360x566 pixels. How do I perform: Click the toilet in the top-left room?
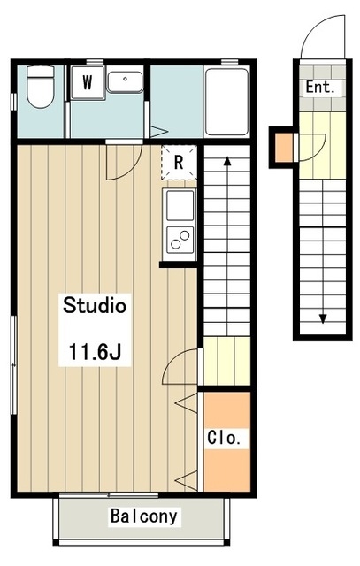point(41,87)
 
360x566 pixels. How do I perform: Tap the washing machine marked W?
point(88,82)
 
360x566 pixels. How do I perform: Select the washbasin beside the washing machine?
point(125,82)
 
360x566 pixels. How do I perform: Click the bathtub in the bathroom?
point(226,102)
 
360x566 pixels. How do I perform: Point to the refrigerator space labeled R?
point(179,163)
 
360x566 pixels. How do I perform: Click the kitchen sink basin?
point(180,205)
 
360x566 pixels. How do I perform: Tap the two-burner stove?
point(180,239)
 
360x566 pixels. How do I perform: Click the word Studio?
point(95,306)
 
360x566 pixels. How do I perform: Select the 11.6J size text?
point(95,352)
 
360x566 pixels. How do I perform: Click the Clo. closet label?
point(224,438)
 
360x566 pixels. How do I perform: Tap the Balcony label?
point(143,516)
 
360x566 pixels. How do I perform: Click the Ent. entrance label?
point(320,87)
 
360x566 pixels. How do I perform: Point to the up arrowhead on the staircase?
point(227,161)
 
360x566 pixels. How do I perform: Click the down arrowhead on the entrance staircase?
point(323,318)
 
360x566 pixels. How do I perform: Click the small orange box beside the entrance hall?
point(284,148)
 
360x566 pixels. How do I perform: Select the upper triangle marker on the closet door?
point(187,403)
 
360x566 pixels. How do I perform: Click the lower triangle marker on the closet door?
point(187,480)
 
